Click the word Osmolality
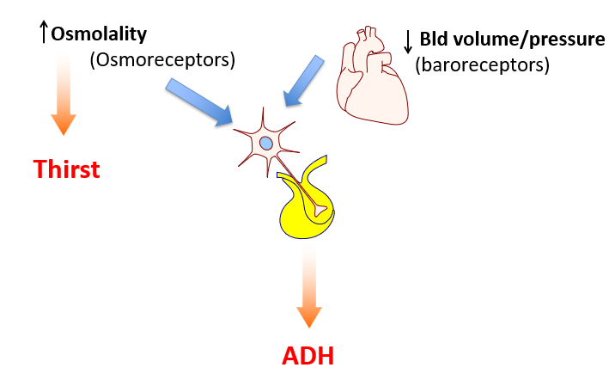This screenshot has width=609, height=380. point(99,34)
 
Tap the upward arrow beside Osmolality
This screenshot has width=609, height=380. point(44,33)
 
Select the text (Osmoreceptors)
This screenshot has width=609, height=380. point(161,60)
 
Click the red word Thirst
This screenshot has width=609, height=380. point(67,169)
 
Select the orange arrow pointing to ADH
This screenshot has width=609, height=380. point(308,292)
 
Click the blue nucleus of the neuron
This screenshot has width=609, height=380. point(266,142)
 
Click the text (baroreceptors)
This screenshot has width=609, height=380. point(481,64)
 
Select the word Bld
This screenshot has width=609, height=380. point(435,40)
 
